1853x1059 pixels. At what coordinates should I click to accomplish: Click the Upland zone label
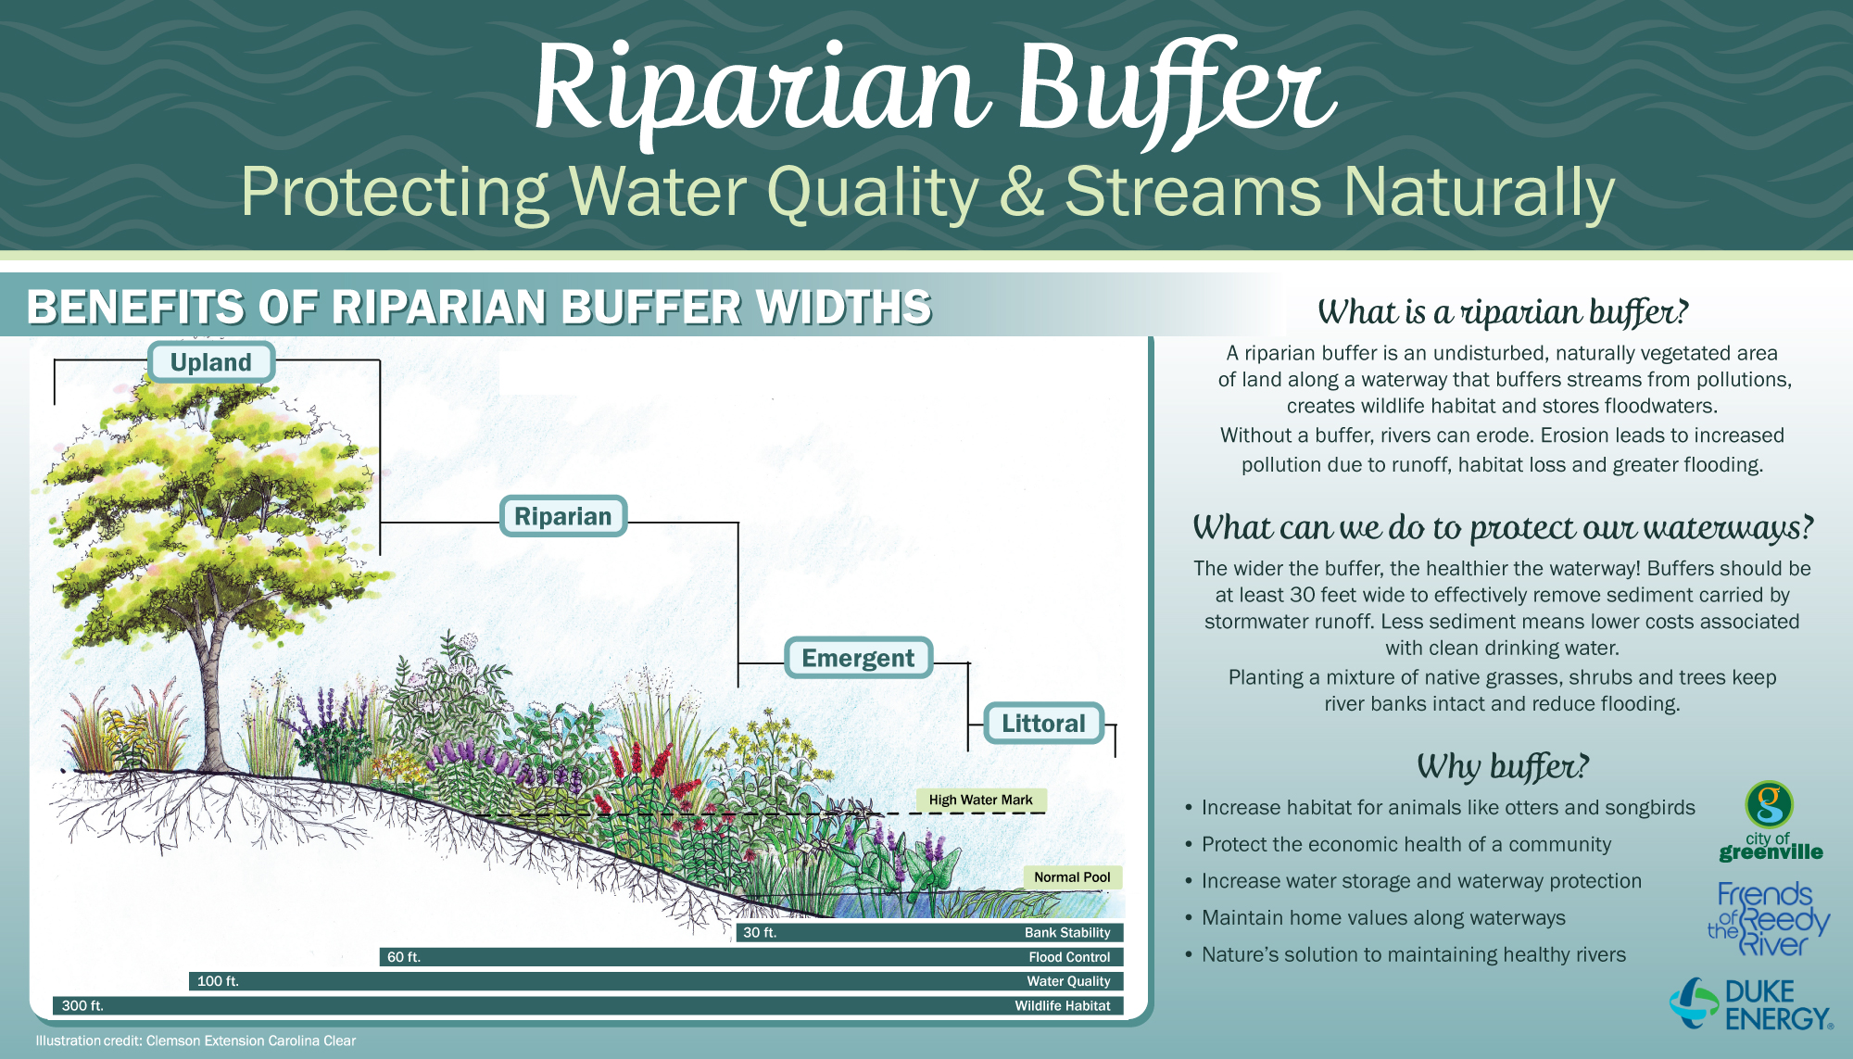click(x=211, y=362)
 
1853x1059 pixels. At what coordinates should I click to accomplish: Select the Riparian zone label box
click(x=563, y=516)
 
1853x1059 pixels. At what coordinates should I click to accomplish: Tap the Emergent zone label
click(x=858, y=658)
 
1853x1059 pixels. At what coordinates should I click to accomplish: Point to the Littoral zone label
click(x=1043, y=724)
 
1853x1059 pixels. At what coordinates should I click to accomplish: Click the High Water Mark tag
click(x=981, y=800)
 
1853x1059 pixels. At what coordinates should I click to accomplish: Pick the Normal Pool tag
click(x=1072, y=877)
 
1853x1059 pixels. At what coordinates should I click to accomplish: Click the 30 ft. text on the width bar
click(x=760, y=933)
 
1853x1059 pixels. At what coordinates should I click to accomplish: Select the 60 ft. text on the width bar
click(x=404, y=957)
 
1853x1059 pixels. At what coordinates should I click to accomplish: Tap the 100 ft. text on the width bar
click(x=218, y=981)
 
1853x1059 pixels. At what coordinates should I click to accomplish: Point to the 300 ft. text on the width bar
click(x=82, y=1005)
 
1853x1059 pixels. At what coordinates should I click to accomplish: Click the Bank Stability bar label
click(x=1067, y=933)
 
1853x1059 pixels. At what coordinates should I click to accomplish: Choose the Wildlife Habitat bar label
click(x=1063, y=1005)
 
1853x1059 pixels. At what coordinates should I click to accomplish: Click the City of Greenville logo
click(x=1771, y=821)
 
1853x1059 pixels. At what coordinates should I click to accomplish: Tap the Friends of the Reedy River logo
click(x=1769, y=919)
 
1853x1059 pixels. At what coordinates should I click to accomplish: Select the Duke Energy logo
click(x=1751, y=1004)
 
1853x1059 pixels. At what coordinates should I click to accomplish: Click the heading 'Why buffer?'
click(x=1503, y=766)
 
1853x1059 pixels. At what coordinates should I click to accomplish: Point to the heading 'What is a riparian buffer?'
click(x=1503, y=312)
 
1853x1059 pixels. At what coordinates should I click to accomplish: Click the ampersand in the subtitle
click(x=1021, y=193)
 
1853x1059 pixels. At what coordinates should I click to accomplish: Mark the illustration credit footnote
click(x=195, y=1040)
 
